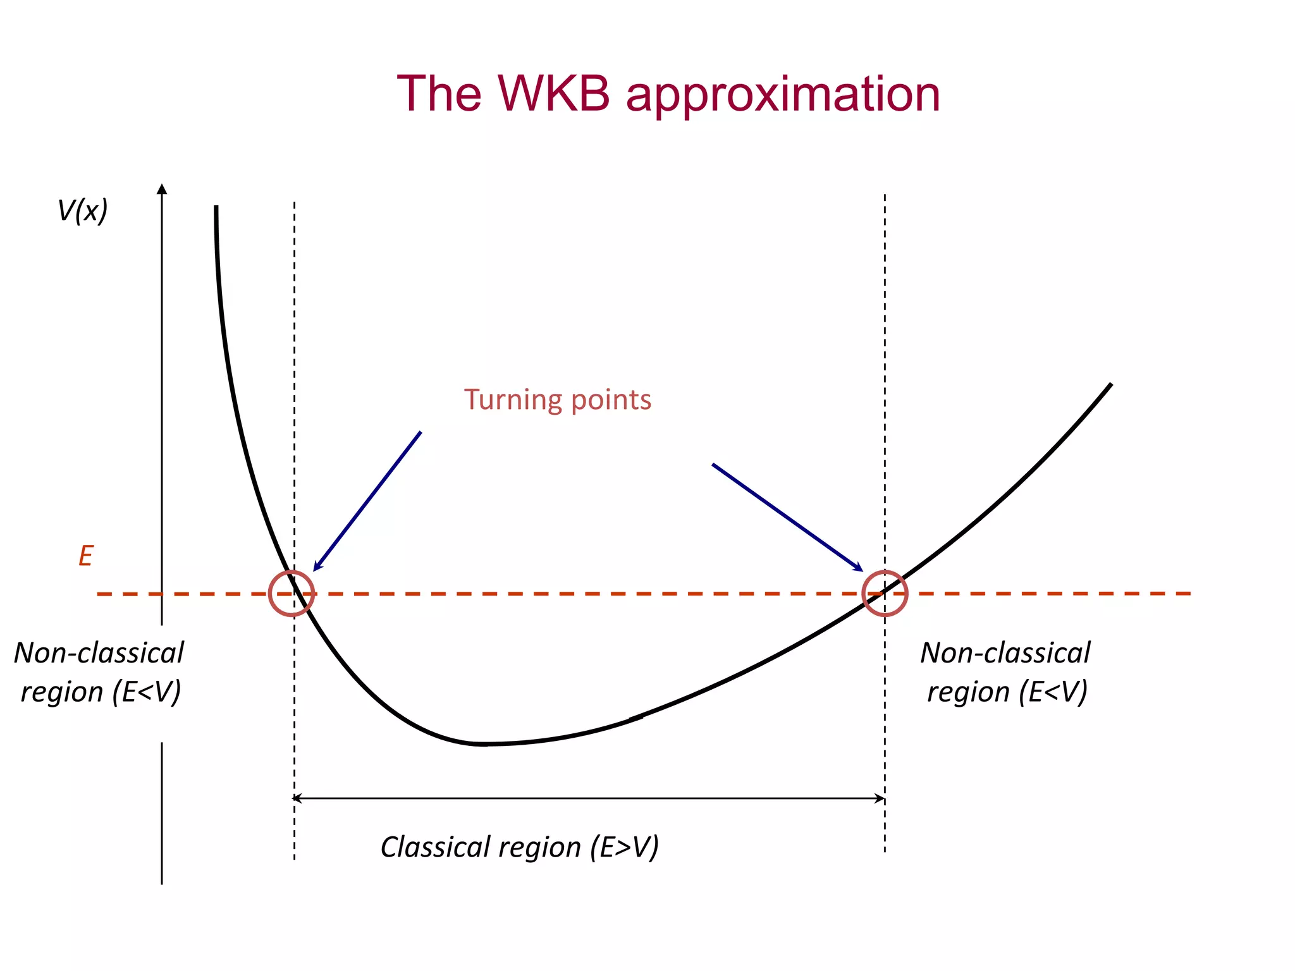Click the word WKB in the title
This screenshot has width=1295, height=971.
pyautogui.click(x=554, y=94)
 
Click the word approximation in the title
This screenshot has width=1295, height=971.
pyautogui.click(x=783, y=96)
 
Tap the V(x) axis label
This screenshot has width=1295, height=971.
pyautogui.click(x=83, y=211)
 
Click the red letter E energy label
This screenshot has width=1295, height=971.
pyautogui.click(x=85, y=556)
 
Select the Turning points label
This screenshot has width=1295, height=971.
pyautogui.click(x=557, y=400)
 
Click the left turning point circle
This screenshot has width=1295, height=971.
pyautogui.click(x=292, y=593)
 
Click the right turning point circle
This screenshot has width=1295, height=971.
pyautogui.click(x=885, y=593)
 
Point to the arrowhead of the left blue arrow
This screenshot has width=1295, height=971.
pyautogui.click(x=316, y=568)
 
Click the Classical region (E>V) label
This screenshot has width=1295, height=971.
pyautogui.click(x=519, y=847)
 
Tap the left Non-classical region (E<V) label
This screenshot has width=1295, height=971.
pyautogui.click(x=99, y=672)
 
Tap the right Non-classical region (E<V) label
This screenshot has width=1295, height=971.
pyautogui.click(x=1006, y=672)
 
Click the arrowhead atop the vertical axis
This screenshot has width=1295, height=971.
pyautogui.click(x=162, y=188)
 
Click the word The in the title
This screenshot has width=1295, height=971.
pyautogui.click(x=439, y=94)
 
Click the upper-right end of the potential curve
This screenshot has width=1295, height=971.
pyautogui.click(x=1110, y=385)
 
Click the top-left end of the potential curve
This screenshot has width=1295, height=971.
pyautogui.click(x=216, y=207)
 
